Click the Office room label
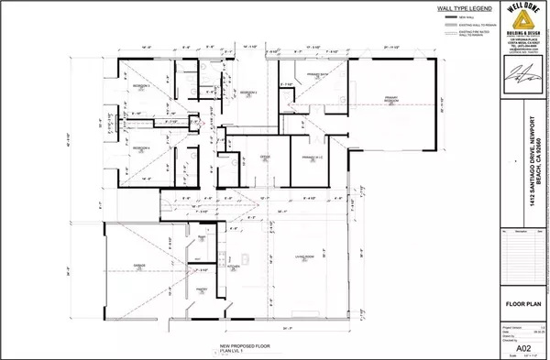coord(264,158)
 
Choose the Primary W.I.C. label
coord(314,158)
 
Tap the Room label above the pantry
coord(200,237)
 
